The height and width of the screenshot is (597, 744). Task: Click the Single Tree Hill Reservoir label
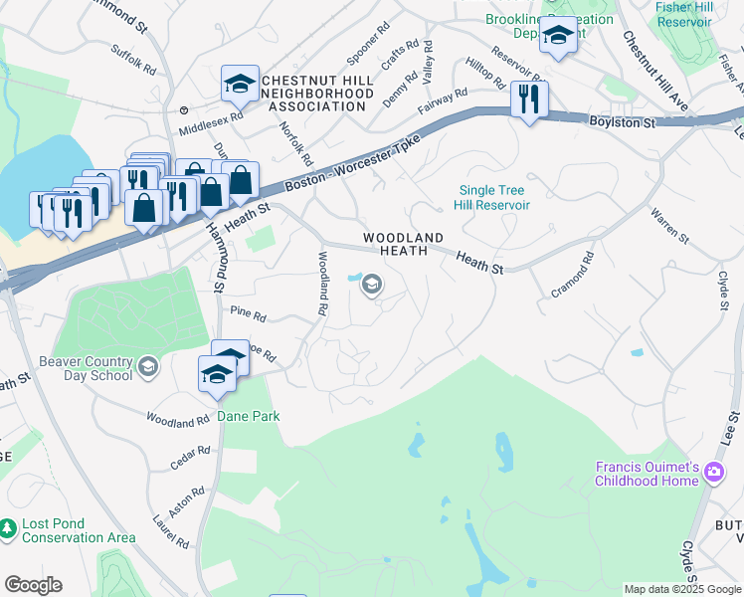[493, 197]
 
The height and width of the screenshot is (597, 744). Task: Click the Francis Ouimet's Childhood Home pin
[713, 473]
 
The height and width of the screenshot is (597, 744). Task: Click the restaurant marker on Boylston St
[528, 99]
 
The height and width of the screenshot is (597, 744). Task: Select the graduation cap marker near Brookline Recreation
[559, 37]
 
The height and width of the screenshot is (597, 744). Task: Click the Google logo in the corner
[33, 585]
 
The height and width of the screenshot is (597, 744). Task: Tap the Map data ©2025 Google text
[681, 589]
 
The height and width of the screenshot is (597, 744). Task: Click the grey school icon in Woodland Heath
[372, 287]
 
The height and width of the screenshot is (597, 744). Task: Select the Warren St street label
[669, 226]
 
